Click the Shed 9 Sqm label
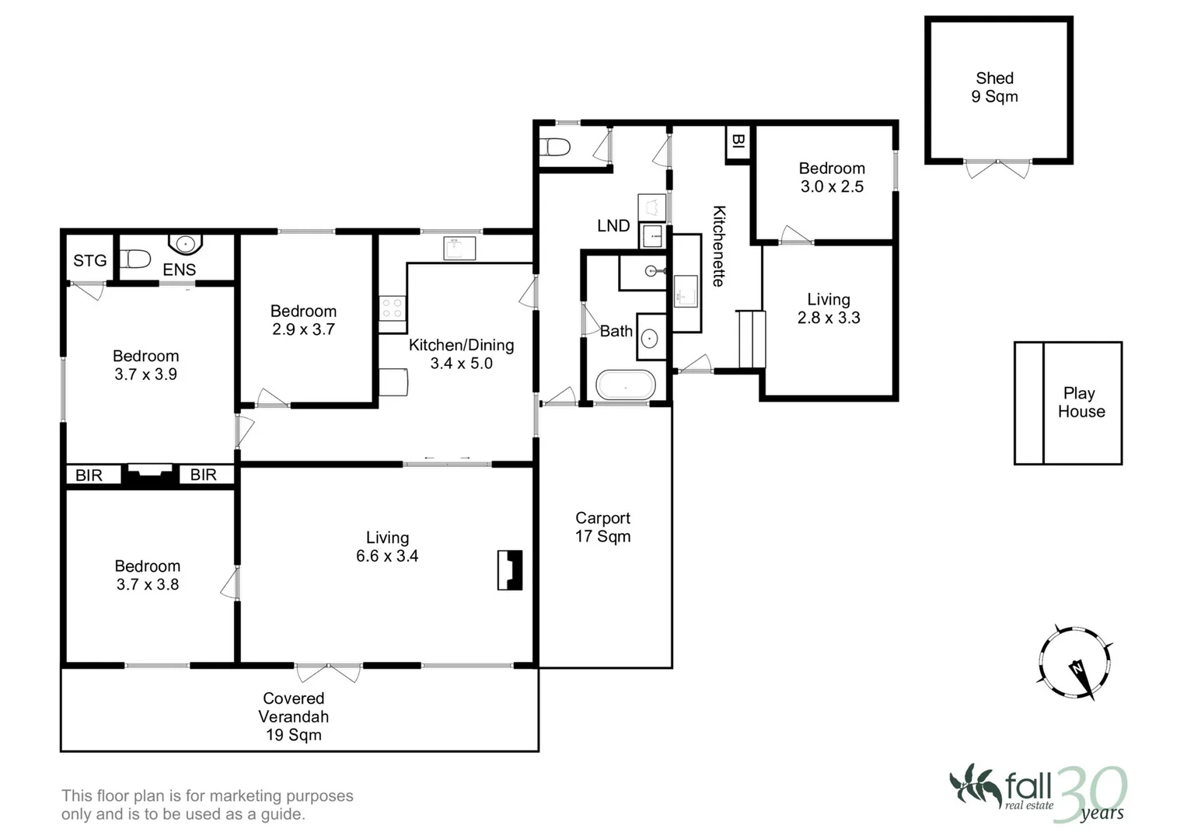pyautogui.click(x=994, y=87)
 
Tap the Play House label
pyautogui.click(x=1081, y=402)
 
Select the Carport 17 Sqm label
pyautogui.click(x=602, y=527)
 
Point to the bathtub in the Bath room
pyautogui.click(x=625, y=385)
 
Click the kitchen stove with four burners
pyautogui.click(x=392, y=308)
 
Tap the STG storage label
pyautogui.click(x=89, y=261)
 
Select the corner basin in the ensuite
pyautogui.click(x=185, y=245)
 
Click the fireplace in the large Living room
pyautogui.click(x=510, y=570)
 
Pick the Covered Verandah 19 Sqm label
pyautogui.click(x=293, y=716)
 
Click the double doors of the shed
pyautogui.click(x=997, y=167)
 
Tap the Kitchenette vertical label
pyautogui.click(x=719, y=246)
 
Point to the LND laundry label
pyautogui.click(x=613, y=226)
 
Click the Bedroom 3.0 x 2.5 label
pyautogui.click(x=831, y=177)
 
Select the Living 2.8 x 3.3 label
pyautogui.click(x=828, y=308)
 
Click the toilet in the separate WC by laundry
pyautogui.click(x=557, y=147)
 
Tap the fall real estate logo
pyautogui.click(x=1037, y=793)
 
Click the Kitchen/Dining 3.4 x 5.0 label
pyautogui.click(x=461, y=354)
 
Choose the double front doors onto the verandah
pyautogui.click(x=328, y=670)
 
